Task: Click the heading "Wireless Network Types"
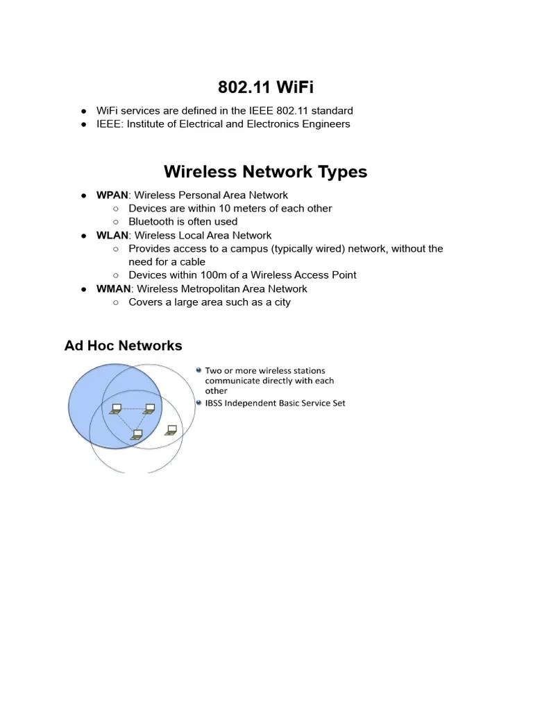[x=266, y=171]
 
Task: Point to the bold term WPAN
[x=112, y=195]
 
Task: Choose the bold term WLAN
[x=112, y=235]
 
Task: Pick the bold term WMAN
[x=114, y=288]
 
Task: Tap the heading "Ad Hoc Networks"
[x=124, y=345]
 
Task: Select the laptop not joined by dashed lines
[x=171, y=430]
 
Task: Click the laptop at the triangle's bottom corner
[x=137, y=435]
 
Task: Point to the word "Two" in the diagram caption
[x=213, y=371]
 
